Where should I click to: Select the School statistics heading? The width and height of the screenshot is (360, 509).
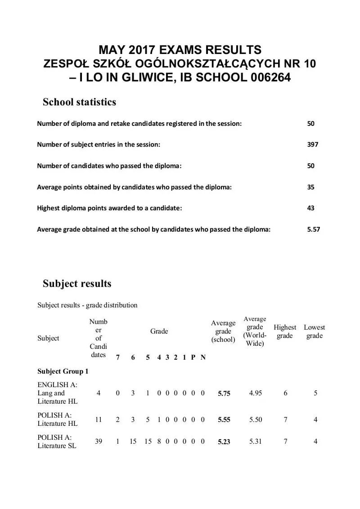tap(79, 102)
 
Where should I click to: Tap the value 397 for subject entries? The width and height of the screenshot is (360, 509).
tap(313, 144)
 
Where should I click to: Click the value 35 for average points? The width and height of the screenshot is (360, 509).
tap(311, 187)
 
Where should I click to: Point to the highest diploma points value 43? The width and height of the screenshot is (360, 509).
tap(311, 208)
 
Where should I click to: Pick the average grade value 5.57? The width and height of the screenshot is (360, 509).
tap(313, 229)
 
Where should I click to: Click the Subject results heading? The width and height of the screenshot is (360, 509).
tap(76, 284)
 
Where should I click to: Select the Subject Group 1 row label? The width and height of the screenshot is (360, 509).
tap(63, 371)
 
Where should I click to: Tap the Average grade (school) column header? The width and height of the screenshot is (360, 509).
tap(223, 331)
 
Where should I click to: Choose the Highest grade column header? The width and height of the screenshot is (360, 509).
tap(285, 331)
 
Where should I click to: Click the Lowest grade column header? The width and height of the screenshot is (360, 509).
tap(314, 331)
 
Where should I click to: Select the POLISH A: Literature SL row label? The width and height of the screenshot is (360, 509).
tap(57, 442)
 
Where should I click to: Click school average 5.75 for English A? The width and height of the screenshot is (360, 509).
tap(224, 393)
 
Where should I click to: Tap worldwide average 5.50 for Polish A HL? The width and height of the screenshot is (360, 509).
tap(255, 420)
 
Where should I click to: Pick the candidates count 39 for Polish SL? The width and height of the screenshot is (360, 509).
tap(99, 442)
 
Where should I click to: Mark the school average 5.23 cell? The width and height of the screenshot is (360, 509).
tap(224, 442)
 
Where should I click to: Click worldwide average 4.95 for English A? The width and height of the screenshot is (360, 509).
tap(255, 393)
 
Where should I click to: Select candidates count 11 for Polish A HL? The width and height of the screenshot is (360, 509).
tap(99, 420)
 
